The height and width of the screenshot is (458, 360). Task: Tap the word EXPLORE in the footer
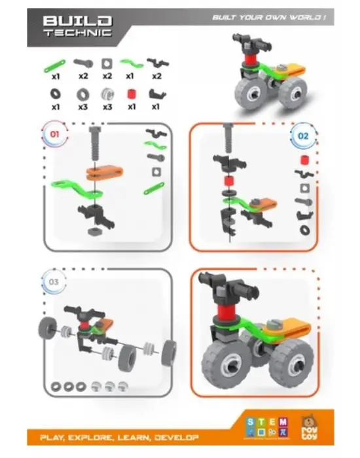[x=92, y=437]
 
